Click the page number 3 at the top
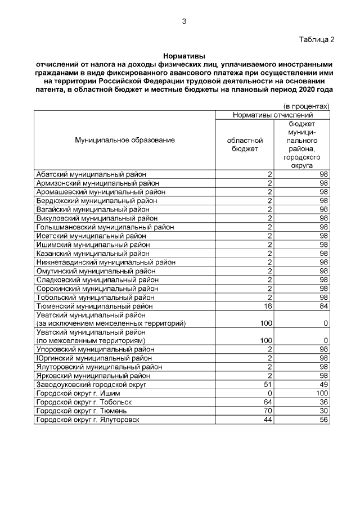pos(183,22)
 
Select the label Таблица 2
pos(316,39)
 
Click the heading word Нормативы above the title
pos(184,56)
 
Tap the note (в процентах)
pos(306,106)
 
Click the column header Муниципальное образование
pos(125,140)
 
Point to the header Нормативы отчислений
pos(273,115)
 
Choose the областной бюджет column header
pos(245,145)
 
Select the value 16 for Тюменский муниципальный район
pos(268,305)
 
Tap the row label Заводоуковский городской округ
pos(91,384)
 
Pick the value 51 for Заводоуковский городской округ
pos(268,384)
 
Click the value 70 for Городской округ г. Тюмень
pos(268,411)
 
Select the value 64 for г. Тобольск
pos(268,402)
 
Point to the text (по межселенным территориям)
pos(91,340)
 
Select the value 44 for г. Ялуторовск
pos(268,420)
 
